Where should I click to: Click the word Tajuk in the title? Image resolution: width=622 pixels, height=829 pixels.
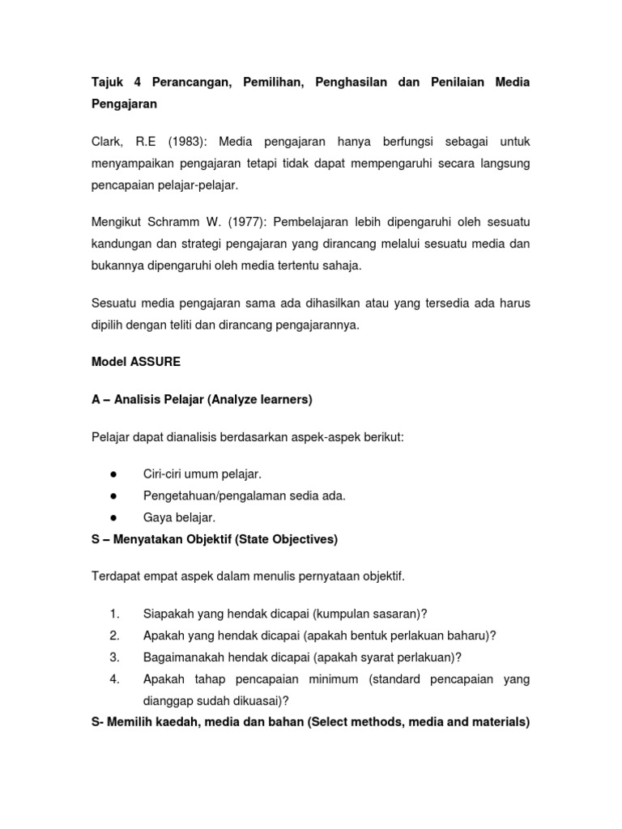point(107,83)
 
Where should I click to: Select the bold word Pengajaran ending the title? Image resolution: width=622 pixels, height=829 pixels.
point(125,104)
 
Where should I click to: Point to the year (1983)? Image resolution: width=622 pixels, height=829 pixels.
point(186,142)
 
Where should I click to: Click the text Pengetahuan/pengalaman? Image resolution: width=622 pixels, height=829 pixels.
point(212,495)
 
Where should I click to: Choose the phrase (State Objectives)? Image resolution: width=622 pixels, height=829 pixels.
point(289,538)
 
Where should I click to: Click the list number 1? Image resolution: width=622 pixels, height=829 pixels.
point(114,613)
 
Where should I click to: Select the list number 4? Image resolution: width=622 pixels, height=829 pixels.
point(114,678)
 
